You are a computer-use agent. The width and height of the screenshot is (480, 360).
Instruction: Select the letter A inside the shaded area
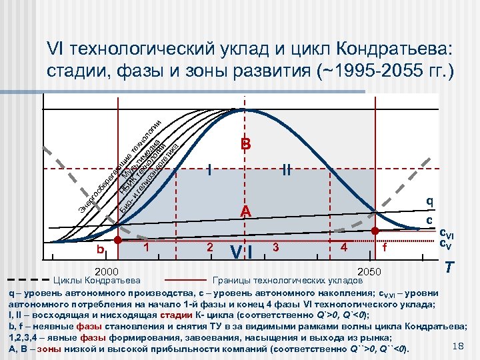click(x=245, y=211)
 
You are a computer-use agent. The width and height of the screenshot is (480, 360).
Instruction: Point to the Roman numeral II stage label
click(x=287, y=169)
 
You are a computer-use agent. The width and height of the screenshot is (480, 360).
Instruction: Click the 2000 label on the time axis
click(x=107, y=272)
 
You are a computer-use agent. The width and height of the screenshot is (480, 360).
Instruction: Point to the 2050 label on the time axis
click(x=371, y=272)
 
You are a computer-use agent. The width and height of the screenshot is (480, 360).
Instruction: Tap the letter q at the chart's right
click(x=430, y=201)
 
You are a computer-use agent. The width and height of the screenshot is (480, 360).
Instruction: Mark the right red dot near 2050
click(x=375, y=231)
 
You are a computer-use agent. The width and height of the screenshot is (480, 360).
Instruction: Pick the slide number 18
click(x=457, y=344)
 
